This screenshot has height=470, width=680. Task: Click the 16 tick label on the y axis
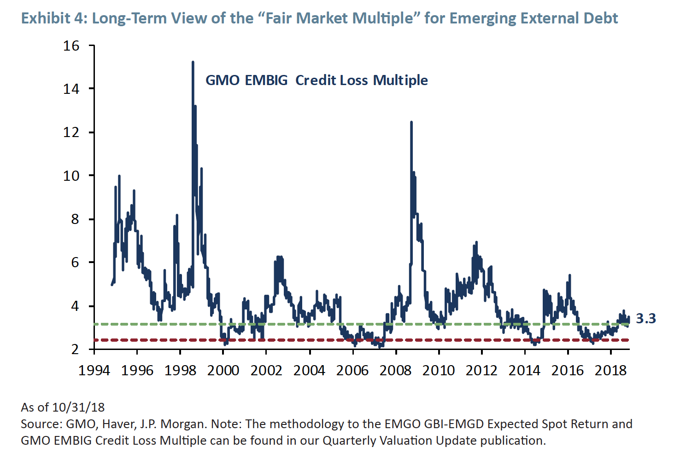click(71, 46)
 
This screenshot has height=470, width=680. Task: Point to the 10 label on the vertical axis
click(71, 176)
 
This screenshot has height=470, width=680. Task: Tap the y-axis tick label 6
click(75, 263)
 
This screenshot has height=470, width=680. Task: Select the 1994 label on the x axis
click(94, 370)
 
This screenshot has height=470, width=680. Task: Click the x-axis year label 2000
click(223, 370)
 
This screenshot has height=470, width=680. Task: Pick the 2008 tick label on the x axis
click(395, 370)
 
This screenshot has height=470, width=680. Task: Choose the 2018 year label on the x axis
click(610, 370)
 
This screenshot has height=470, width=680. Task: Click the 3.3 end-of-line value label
click(646, 318)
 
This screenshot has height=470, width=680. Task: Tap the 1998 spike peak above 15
click(193, 62)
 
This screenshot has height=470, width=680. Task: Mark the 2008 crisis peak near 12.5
click(411, 122)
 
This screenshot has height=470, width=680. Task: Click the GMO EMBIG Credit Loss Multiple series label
click(317, 80)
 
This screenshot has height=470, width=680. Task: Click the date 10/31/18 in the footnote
click(78, 407)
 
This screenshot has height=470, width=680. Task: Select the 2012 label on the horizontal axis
click(481, 370)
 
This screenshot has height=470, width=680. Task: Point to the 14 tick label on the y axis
click(71, 89)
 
